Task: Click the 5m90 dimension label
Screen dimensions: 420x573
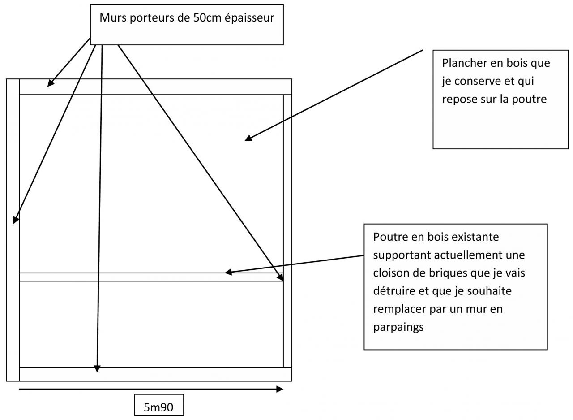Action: (158, 407)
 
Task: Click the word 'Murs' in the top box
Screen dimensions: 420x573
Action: (111, 18)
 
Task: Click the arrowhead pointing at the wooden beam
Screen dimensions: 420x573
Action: (229, 272)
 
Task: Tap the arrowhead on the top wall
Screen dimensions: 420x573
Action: (51, 83)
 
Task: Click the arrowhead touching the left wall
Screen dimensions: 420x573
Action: (16, 219)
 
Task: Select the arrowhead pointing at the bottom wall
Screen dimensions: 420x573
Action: (97, 369)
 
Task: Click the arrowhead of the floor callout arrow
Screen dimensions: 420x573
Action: (248, 139)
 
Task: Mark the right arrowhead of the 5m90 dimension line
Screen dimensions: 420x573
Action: (280, 389)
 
